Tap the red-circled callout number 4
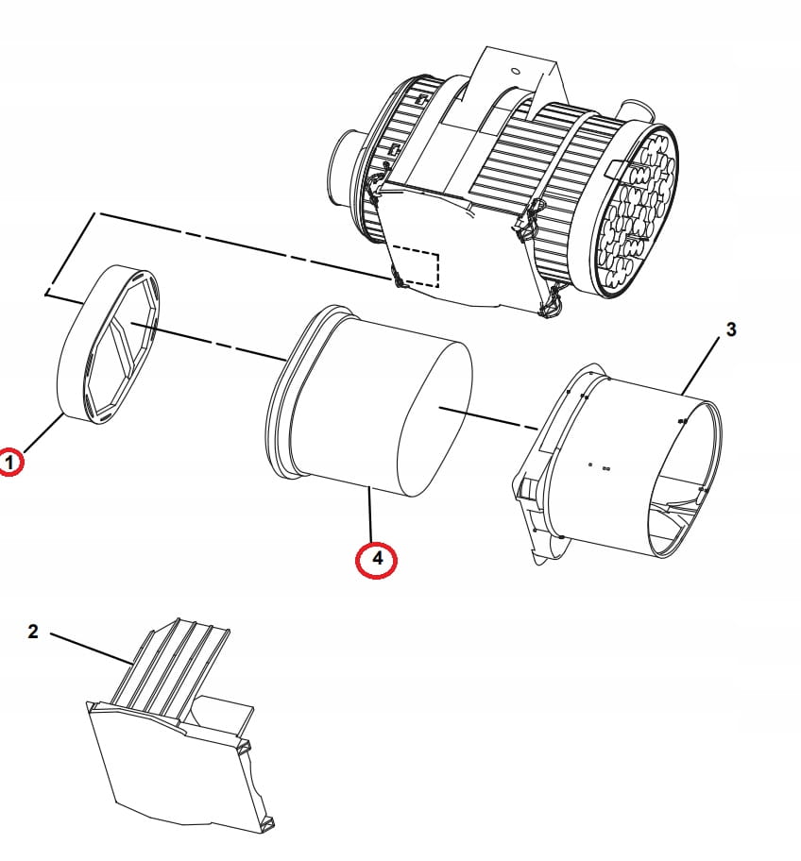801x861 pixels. click(377, 559)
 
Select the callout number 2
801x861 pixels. click(33, 632)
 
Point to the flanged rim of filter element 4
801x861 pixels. click(283, 397)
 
